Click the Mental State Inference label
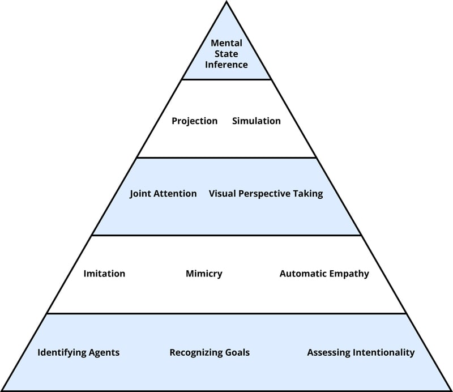point(226,54)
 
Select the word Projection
point(194,121)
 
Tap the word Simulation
point(256,121)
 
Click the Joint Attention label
point(163,194)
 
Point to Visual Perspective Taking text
point(266,194)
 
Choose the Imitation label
point(104,274)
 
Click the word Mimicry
point(204,274)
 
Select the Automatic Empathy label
point(324,274)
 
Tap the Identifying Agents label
point(78,352)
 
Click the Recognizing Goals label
point(210,352)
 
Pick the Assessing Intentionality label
point(361,352)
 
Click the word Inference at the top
point(226,65)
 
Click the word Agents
point(104,352)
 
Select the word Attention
point(176,194)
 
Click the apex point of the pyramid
point(226,2)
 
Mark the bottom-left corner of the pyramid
point(3,390)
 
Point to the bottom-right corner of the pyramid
point(450,390)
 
